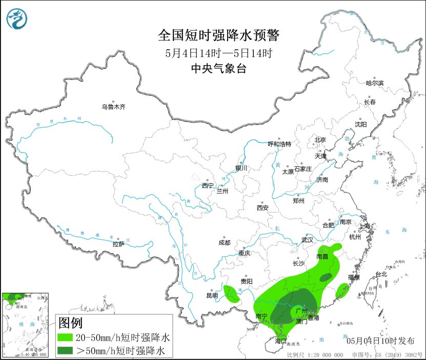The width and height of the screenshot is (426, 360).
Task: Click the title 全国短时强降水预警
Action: point(219,35)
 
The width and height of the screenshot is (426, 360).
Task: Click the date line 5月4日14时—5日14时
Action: point(218,53)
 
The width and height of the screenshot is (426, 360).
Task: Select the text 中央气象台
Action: point(218,69)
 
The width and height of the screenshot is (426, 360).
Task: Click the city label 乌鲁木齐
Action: point(113,107)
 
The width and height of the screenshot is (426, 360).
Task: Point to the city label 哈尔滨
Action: point(374,83)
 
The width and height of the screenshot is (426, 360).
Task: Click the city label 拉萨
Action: point(118,244)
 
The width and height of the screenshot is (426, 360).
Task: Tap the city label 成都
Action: point(225,243)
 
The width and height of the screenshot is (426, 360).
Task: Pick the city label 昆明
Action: point(212,295)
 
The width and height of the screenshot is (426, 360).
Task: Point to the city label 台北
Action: point(381,274)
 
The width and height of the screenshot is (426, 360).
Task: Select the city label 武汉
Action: point(308,240)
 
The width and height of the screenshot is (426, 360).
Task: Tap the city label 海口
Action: point(279,341)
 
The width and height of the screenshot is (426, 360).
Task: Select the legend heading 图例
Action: point(70,324)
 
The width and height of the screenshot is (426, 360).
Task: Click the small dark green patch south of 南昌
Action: point(326,278)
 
